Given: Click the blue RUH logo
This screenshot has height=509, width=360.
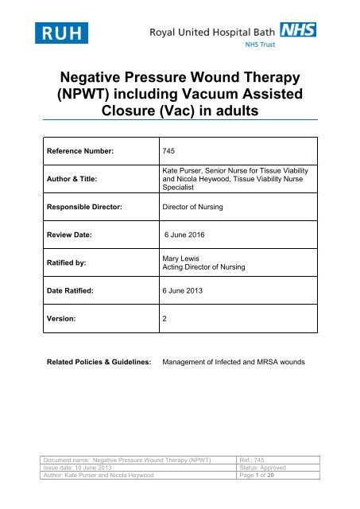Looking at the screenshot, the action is (x=61, y=33).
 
